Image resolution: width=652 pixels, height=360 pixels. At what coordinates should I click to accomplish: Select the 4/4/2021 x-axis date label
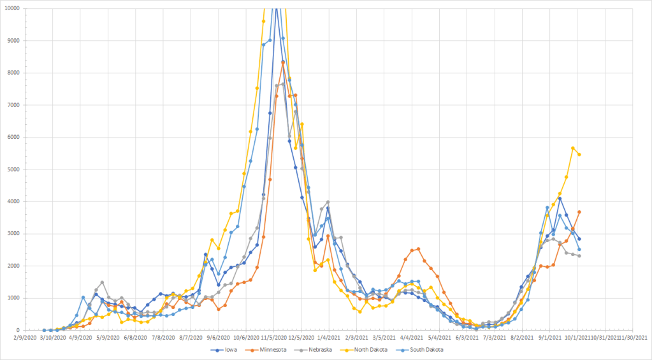412,337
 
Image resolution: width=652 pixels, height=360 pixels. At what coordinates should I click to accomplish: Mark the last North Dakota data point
579,154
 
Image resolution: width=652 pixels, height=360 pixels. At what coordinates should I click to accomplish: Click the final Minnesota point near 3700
579,212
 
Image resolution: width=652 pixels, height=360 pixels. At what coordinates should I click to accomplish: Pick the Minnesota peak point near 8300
283,62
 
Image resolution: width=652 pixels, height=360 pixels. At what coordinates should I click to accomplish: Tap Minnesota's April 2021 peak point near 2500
418,249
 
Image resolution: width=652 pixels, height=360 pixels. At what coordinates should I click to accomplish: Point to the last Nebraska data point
579,256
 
